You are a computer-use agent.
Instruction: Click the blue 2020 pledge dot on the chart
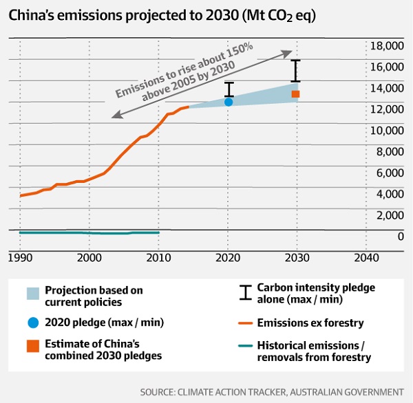(x=229, y=102)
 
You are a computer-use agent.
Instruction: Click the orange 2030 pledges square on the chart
(x=295, y=94)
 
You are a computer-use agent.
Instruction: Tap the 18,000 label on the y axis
(x=385, y=46)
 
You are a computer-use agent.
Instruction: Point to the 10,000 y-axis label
(x=385, y=131)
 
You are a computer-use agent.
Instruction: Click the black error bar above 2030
(x=296, y=71)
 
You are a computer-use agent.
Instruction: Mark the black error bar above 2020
(x=229, y=89)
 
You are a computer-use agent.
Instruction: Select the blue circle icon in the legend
(x=33, y=323)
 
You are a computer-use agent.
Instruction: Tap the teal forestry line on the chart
(x=89, y=233)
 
